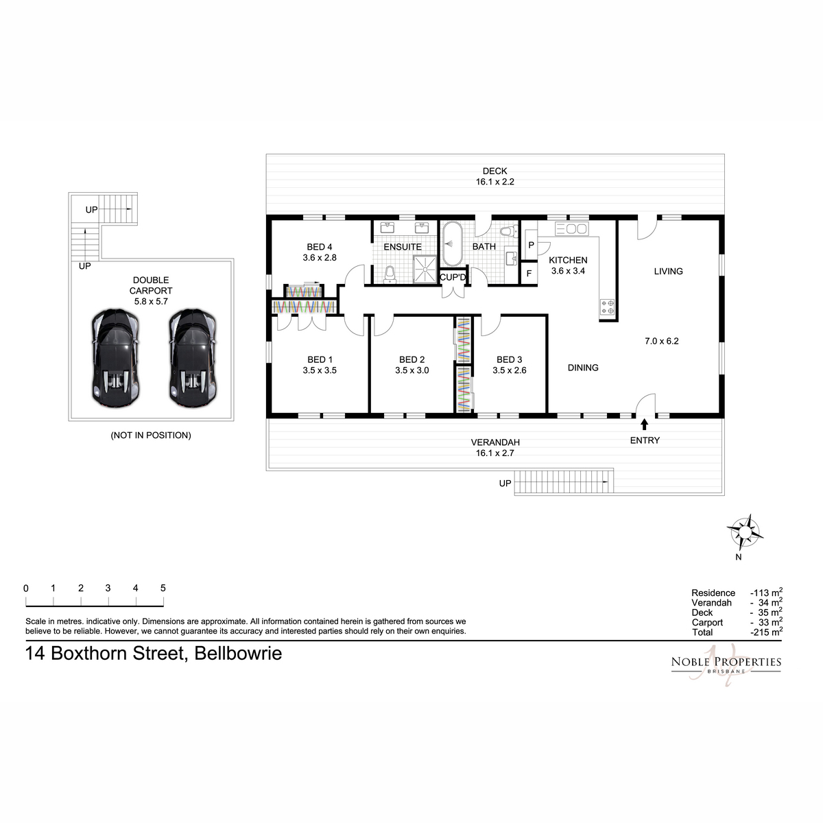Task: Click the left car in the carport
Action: coord(116,358)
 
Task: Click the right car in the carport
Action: coord(193,358)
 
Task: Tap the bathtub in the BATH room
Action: coord(452,243)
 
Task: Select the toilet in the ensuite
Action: coord(390,274)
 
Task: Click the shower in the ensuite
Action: coord(425,269)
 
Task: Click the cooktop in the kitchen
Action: coord(608,307)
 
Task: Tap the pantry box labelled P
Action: coord(532,245)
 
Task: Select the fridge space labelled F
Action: coord(529,274)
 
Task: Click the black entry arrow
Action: coord(645,424)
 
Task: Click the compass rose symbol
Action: coord(745,532)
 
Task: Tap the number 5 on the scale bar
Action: coord(163,588)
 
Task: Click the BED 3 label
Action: coord(509,359)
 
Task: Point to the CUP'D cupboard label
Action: coord(453,277)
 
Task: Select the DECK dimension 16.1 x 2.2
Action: coord(495,182)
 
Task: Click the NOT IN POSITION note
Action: coord(151,436)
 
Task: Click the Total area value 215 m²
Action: coord(766,632)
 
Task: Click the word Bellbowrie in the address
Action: coord(238,654)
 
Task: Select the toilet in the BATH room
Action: coord(508,232)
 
